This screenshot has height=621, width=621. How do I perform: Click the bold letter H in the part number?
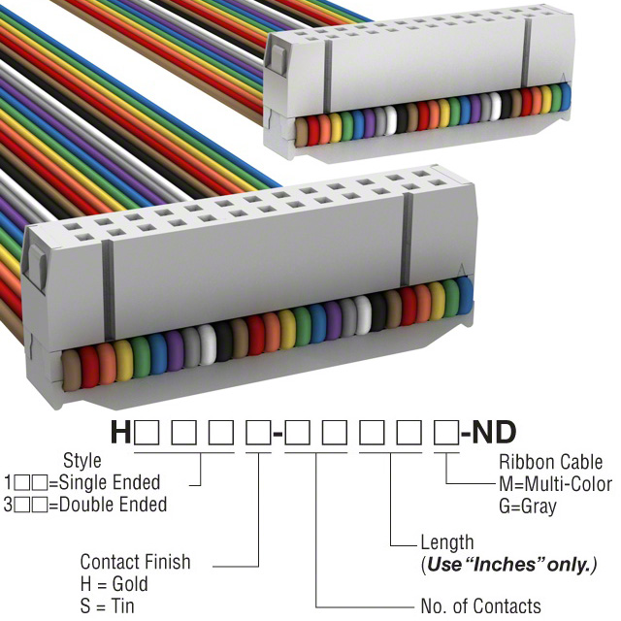pos(120,432)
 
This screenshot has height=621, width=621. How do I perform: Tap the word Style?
pos(82,461)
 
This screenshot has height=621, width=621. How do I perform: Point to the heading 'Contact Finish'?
pos(135,562)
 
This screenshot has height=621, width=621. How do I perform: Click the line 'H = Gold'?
pos(114,584)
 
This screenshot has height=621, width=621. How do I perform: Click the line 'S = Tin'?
pos(108,606)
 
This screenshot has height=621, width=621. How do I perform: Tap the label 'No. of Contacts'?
pos(480,606)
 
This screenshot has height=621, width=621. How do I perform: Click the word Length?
pos(447,542)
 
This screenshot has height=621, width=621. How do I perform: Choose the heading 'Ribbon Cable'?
pos(547,462)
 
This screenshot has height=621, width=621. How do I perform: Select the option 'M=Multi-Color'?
pos(555,484)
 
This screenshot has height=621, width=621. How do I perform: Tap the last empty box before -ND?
pos(446,432)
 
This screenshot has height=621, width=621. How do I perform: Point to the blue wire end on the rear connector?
pos(565,96)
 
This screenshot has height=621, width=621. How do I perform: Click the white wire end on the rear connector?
pos(390,121)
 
